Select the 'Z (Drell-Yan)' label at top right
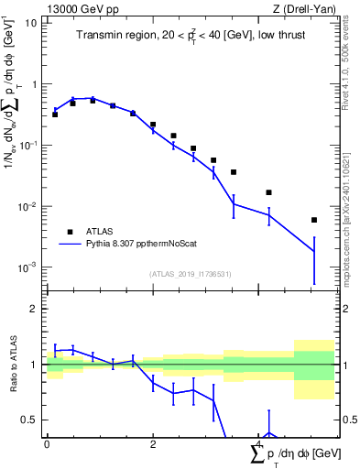(304, 8)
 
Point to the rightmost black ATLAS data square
(313, 220)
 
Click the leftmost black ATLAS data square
(55, 115)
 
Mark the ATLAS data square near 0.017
(268, 192)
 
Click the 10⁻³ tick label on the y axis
(27, 267)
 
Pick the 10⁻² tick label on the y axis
(27, 206)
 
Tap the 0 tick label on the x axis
(47, 443)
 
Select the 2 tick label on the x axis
(153, 443)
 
